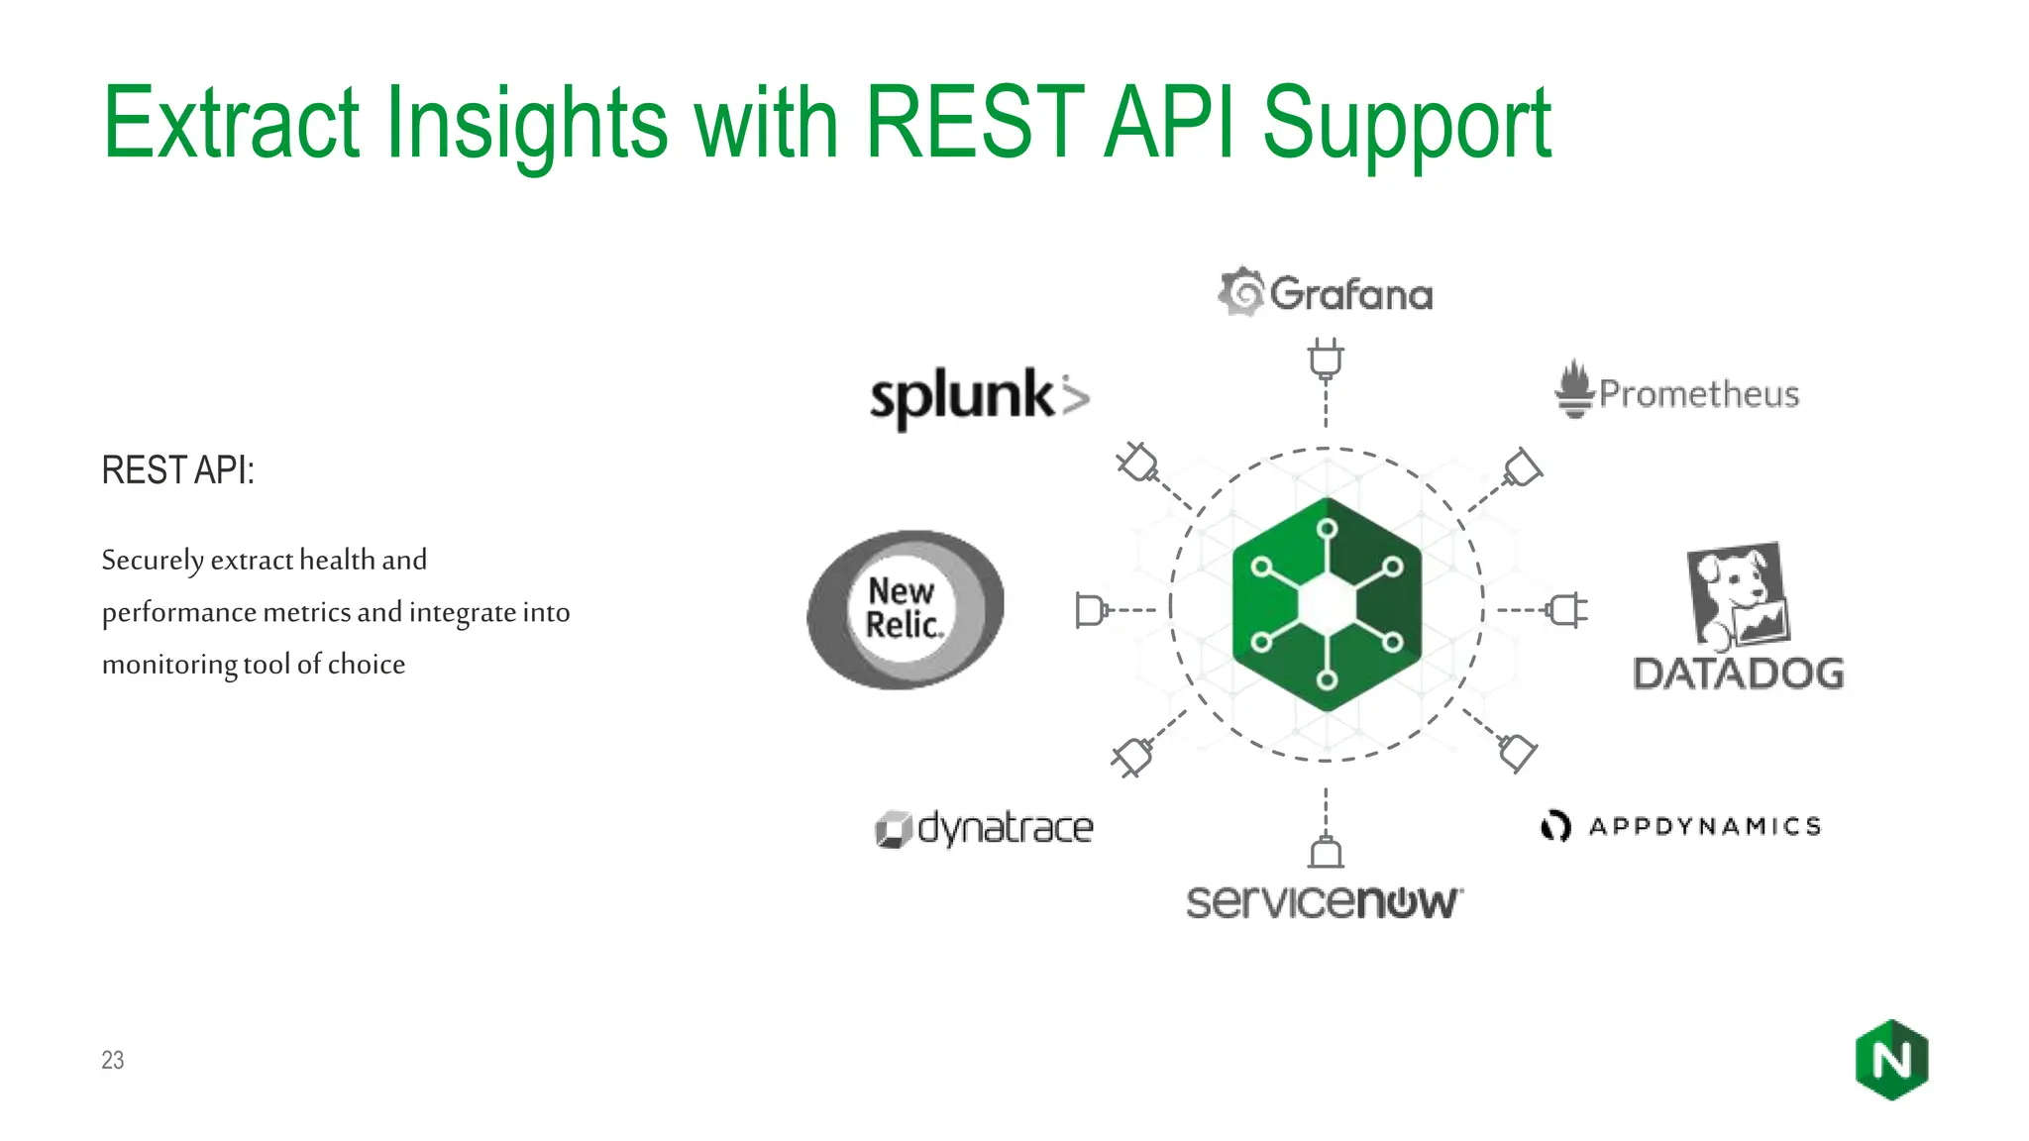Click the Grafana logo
click(1326, 293)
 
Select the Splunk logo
click(978, 397)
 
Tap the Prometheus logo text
click(1698, 394)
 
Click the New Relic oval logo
click(905, 609)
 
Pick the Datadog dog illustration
click(1738, 594)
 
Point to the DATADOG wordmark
click(1738, 674)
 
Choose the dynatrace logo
click(984, 828)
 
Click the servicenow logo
click(1324, 901)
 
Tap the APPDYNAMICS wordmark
click(1704, 826)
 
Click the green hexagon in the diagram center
click(1327, 604)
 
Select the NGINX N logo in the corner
click(1891, 1060)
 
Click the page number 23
click(113, 1060)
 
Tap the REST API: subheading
click(178, 470)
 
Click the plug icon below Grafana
click(1326, 359)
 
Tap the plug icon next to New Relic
click(1090, 609)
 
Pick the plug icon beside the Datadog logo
click(1566, 609)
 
